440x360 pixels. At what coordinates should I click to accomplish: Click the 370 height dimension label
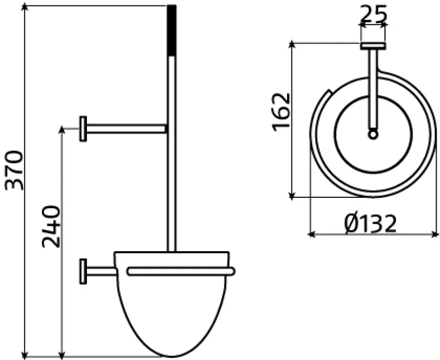(x=15, y=169)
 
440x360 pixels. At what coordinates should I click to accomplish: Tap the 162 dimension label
(x=280, y=112)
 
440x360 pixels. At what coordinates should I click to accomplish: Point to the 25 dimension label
(x=373, y=13)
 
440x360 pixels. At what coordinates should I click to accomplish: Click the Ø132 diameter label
(x=370, y=223)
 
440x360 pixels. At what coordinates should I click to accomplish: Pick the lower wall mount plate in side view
(x=83, y=271)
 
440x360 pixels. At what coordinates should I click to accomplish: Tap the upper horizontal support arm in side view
(x=127, y=129)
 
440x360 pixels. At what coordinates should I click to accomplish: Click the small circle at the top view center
(x=373, y=134)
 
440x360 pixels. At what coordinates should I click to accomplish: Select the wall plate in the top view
(x=373, y=46)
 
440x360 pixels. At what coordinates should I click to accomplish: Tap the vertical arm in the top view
(x=373, y=88)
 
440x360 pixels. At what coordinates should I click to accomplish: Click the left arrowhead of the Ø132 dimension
(x=311, y=235)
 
